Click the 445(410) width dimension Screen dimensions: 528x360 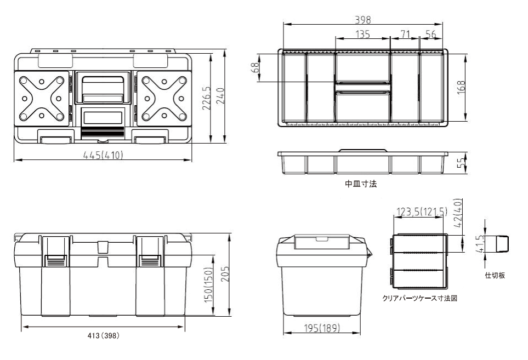coord(103,155)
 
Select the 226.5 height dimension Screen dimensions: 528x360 coord(206,98)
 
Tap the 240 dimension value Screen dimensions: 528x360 coord(220,96)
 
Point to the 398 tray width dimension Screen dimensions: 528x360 coord(363,20)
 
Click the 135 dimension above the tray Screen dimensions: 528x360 coord(362,35)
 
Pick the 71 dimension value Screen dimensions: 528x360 coord(405,35)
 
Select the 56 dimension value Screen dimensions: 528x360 coord(431,35)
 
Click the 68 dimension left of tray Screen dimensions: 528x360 coord(256,67)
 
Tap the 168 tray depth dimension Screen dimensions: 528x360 coord(461,88)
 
